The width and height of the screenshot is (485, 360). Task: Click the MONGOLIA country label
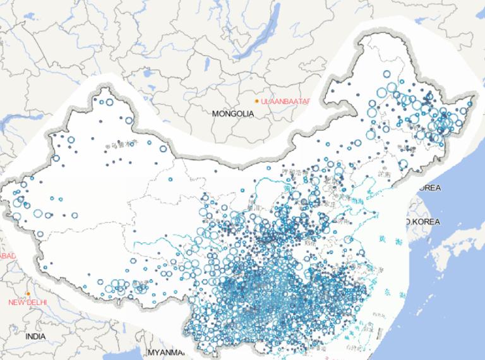pos(233,114)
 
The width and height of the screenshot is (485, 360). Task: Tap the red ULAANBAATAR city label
pos(279,101)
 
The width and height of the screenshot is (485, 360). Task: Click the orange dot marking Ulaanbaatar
pos(256,101)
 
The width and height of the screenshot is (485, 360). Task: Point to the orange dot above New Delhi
pos(29,294)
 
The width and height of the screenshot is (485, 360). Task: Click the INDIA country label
pos(35,337)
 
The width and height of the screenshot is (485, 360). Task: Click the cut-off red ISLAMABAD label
pos(6,255)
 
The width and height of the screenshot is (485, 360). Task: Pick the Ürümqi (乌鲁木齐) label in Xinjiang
pos(120,145)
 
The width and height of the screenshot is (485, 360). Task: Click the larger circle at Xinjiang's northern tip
pos(109,101)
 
